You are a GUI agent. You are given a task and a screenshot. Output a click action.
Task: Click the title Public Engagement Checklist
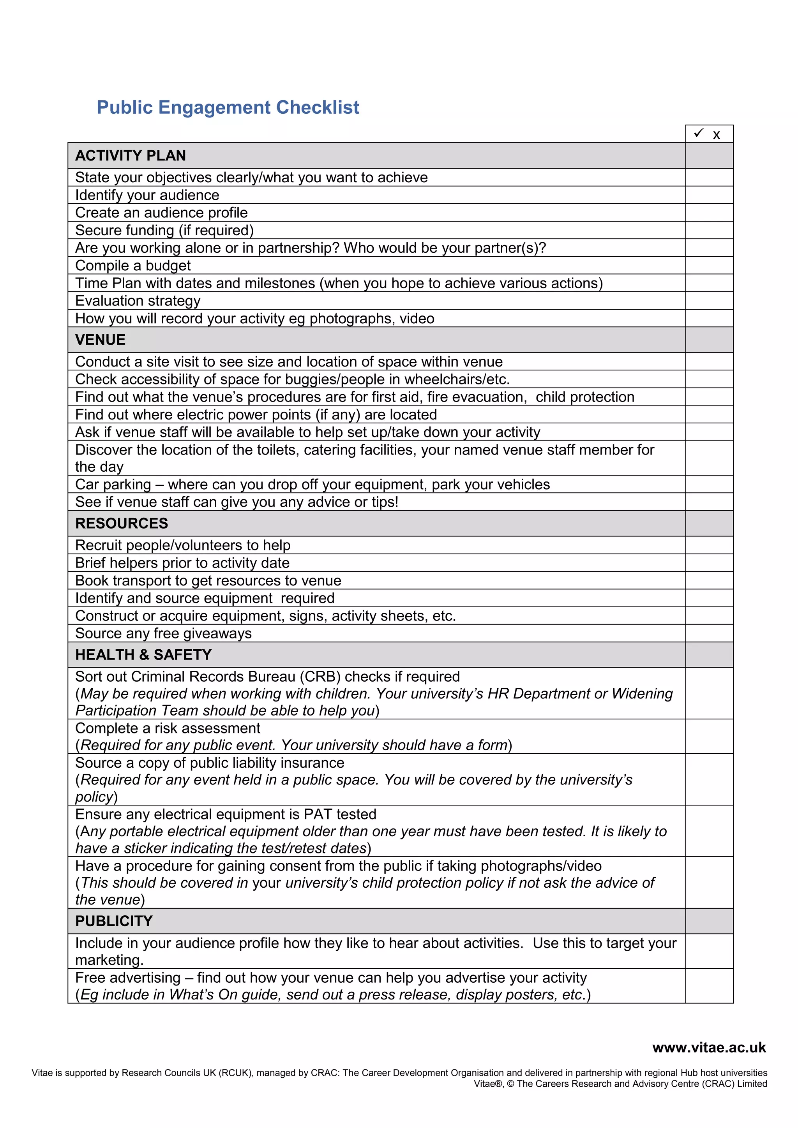click(x=228, y=108)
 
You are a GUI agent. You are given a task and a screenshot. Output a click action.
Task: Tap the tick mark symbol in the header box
click(x=699, y=133)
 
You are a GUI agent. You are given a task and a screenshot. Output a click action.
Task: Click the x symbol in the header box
click(x=717, y=135)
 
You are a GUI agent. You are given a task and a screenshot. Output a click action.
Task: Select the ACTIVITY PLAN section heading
click(x=130, y=156)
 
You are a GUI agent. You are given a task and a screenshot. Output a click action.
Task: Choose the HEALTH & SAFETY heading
click(x=143, y=655)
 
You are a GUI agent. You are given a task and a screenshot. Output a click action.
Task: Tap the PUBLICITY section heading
click(x=114, y=921)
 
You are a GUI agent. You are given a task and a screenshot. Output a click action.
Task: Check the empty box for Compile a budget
click(x=709, y=265)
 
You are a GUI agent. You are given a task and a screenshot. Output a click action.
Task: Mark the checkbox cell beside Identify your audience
click(x=709, y=195)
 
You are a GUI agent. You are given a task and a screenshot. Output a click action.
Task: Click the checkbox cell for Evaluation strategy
click(x=709, y=301)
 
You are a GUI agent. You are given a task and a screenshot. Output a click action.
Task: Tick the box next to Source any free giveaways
click(x=709, y=633)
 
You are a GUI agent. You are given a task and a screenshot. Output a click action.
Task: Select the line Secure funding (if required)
click(x=164, y=231)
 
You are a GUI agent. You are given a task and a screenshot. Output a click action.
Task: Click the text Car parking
click(x=113, y=485)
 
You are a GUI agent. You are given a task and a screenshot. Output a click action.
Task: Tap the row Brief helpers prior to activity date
click(x=182, y=563)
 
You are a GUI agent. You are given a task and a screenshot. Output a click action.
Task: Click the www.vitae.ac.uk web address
click(x=709, y=1047)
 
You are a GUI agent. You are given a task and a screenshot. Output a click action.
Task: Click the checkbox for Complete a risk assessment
click(x=709, y=737)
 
